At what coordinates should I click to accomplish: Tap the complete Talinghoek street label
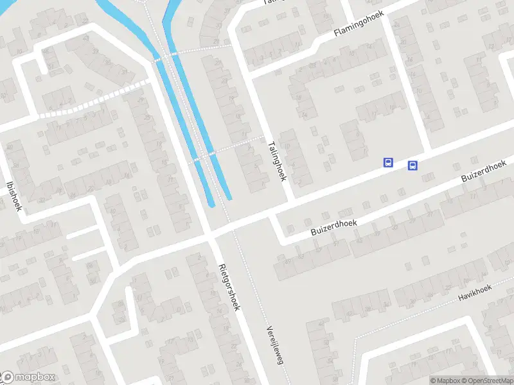[277, 161]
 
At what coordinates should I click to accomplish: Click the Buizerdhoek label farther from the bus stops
[333, 225]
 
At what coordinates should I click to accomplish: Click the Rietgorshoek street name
[228, 287]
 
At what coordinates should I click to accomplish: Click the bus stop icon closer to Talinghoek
[388, 162]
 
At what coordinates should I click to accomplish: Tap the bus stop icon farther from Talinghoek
[412, 166]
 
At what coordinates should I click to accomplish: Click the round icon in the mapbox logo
[8, 377]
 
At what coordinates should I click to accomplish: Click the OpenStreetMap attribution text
[491, 381]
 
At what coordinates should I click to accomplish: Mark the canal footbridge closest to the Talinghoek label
[206, 155]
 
